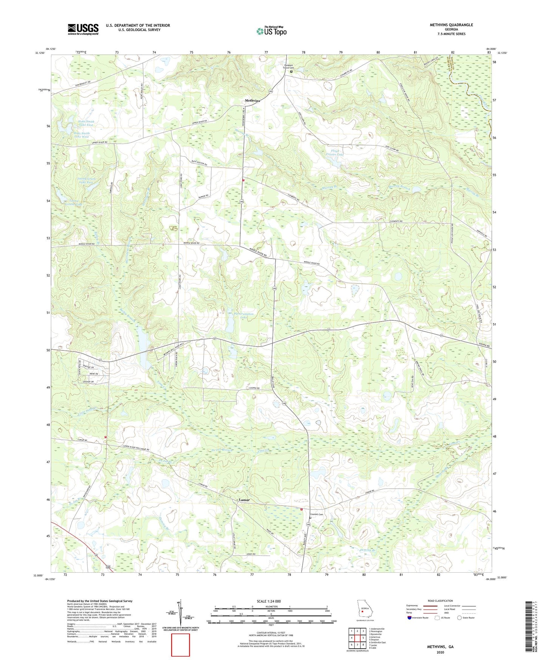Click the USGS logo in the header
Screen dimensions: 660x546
click(x=83, y=29)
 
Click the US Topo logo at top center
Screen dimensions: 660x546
click(x=271, y=31)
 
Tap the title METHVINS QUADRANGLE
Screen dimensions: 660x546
click(x=451, y=25)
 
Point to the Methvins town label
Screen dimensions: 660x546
click(x=252, y=101)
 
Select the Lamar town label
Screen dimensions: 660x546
click(x=244, y=500)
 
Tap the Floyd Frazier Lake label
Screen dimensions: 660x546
click(x=335, y=153)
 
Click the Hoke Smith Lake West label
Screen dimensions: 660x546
click(x=82, y=135)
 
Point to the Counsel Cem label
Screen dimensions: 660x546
click(x=317, y=514)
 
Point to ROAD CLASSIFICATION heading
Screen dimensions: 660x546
click(x=440, y=601)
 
